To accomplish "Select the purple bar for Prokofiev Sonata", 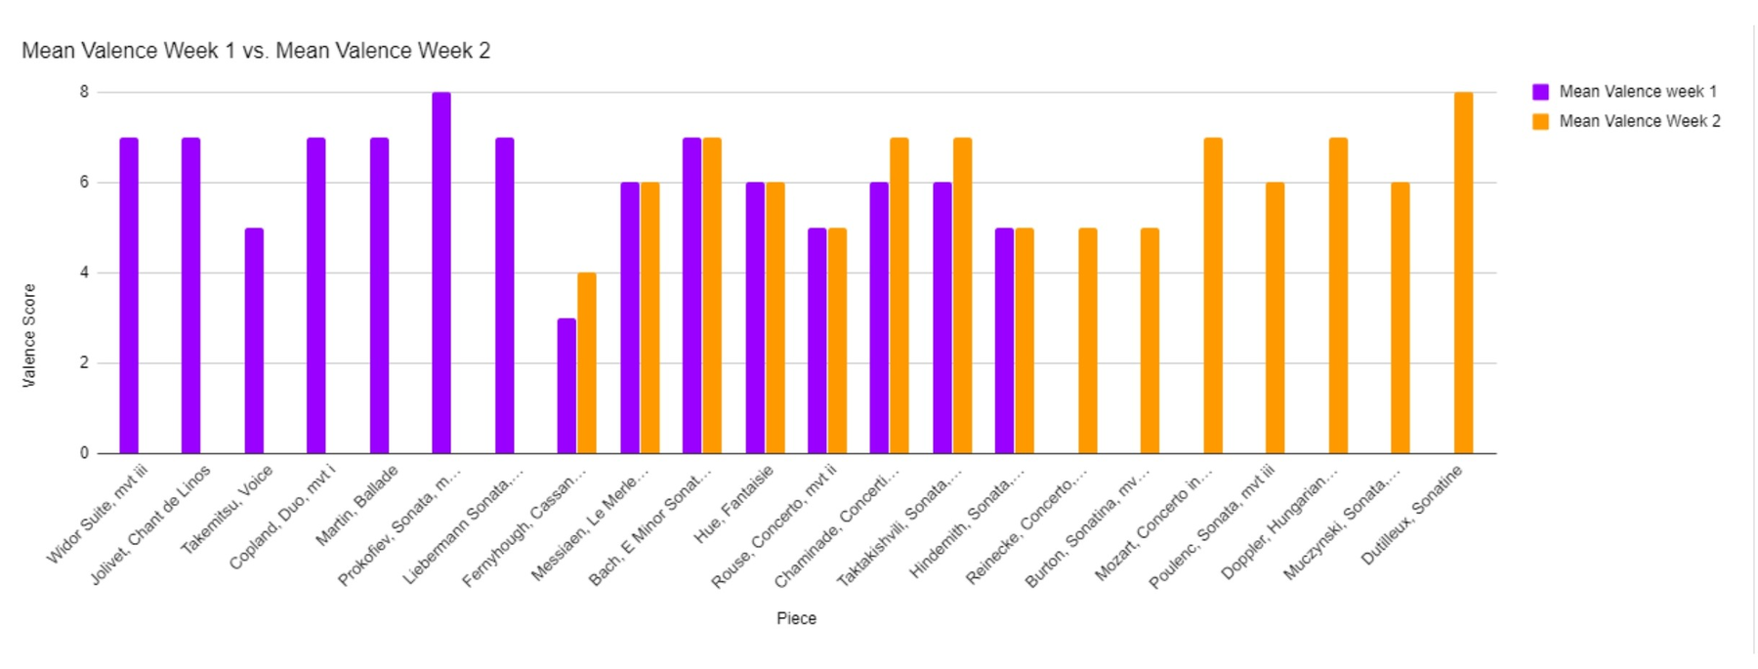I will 441,272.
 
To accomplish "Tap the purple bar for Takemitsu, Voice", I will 254,341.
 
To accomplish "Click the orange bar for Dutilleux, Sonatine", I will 1463,272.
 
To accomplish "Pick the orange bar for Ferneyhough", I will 587,362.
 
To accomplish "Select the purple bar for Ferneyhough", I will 566,386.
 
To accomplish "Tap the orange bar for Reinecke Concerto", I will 1088,341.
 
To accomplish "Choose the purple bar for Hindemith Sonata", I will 1004,341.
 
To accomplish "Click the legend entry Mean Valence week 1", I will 1637,92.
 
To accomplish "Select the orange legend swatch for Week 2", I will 1540,121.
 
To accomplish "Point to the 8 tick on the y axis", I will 85,92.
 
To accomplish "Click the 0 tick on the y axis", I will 85,453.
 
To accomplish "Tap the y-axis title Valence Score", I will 29,335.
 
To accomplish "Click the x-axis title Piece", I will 796,618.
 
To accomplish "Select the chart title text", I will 256,51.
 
